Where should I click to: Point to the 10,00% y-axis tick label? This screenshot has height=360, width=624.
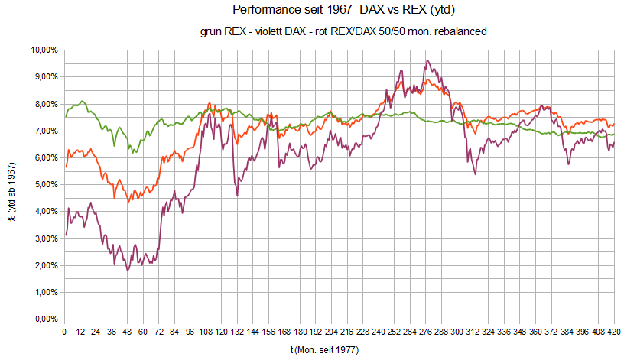pyautogui.click(x=45, y=50)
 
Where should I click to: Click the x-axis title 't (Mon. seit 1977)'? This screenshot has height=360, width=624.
pyautogui.click(x=324, y=349)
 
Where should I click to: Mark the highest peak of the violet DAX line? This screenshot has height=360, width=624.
pyautogui.click(x=427, y=60)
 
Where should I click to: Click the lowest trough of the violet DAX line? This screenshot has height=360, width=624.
pyautogui.click(x=128, y=271)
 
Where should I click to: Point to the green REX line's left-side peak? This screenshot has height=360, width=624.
pyautogui.click(x=81, y=101)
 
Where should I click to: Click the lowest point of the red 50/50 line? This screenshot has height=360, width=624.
pyautogui.click(x=128, y=201)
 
